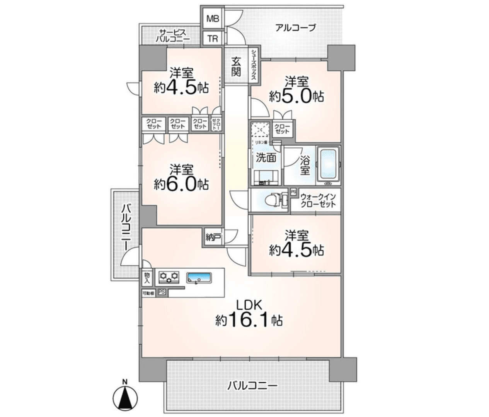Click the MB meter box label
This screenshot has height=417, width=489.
pyautogui.click(x=213, y=18)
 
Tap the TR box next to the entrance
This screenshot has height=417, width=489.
pyautogui.click(x=213, y=39)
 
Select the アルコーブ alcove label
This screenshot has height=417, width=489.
pyautogui.click(x=295, y=28)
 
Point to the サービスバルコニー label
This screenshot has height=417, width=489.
pyautogui.click(x=173, y=36)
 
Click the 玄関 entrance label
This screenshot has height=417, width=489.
pyautogui.click(x=237, y=66)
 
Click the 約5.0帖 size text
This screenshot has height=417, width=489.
pyautogui.click(x=296, y=96)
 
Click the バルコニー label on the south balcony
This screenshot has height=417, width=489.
pyautogui.click(x=252, y=386)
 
